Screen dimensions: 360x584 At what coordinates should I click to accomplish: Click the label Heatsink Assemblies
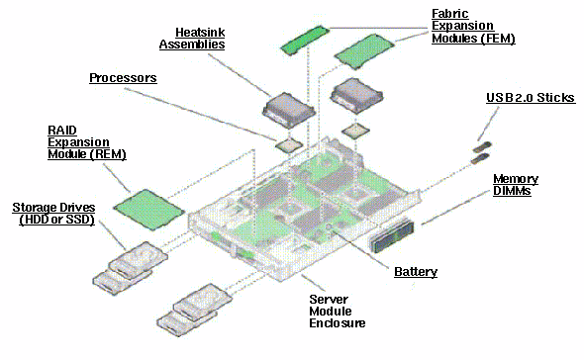click(192, 39)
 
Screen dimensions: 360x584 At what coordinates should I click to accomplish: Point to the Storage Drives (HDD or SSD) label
click(54, 214)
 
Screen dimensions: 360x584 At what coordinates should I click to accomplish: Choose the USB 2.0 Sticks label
click(527, 100)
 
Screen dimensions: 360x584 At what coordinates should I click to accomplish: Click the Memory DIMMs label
click(516, 185)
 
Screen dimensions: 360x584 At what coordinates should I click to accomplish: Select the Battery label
click(415, 271)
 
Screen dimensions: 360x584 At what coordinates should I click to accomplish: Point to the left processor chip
click(289, 144)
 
